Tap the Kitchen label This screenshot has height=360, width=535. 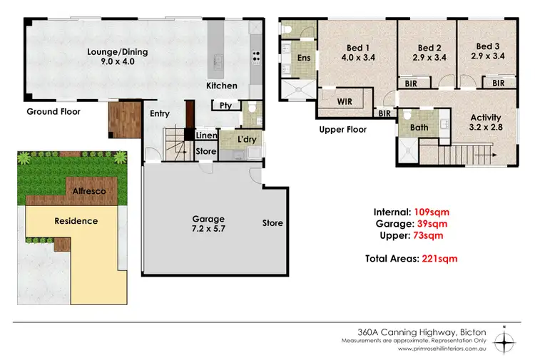point(222,86)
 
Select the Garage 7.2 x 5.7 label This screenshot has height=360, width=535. point(207,224)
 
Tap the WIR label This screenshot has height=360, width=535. point(345,102)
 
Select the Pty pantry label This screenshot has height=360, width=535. point(225,106)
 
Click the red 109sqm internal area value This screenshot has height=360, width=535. point(432,212)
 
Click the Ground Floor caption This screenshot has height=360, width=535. point(53,112)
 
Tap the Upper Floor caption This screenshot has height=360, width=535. point(342,130)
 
